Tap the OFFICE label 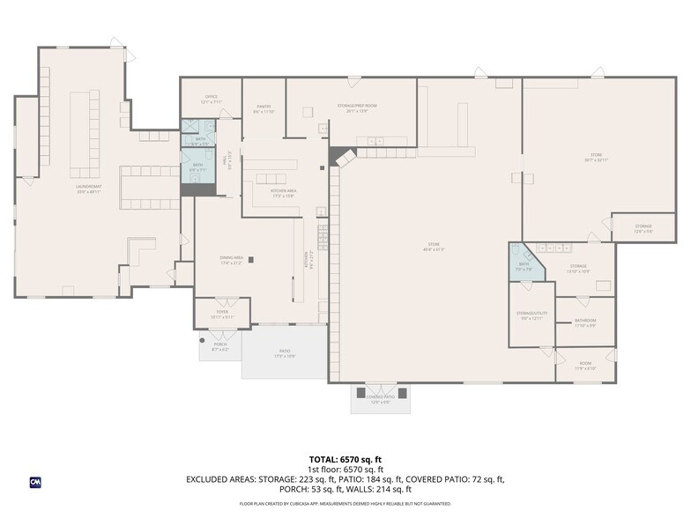[211, 98]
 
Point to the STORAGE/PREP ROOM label [350, 107]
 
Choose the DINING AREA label [232, 259]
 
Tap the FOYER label [221, 313]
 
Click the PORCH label [220, 348]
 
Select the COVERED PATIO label [381, 399]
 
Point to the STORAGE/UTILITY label [532, 314]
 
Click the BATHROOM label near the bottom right [585, 322]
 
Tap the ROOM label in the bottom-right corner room [585, 365]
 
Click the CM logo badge [36, 482]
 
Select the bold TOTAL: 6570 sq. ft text [345, 459]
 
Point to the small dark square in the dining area [252, 259]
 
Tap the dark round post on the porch [202, 339]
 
